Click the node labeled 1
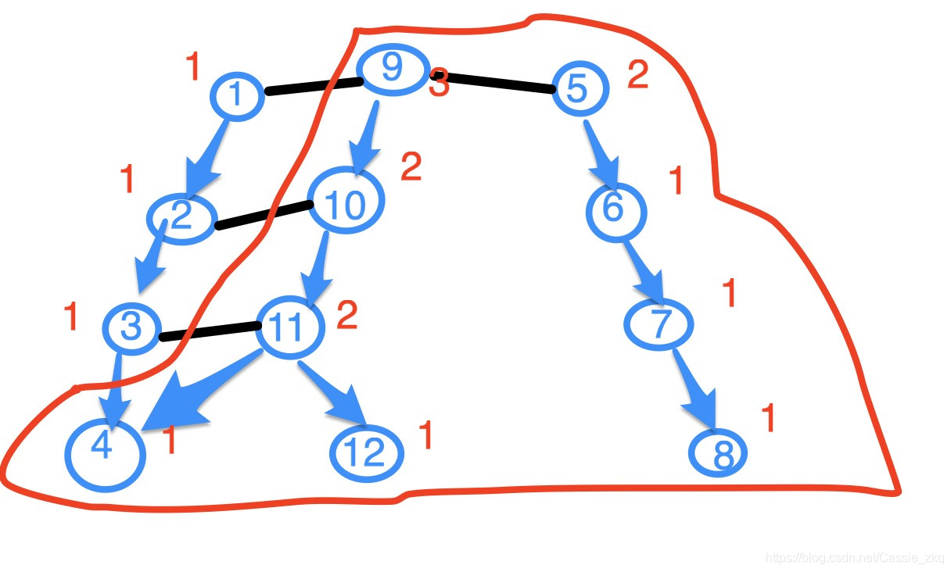click(x=235, y=95)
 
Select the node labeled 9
click(x=393, y=70)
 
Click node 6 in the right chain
click(x=615, y=210)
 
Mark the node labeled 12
click(x=366, y=453)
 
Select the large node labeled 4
click(x=105, y=452)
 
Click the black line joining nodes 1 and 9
click(x=313, y=86)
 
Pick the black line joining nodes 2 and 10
click(x=263, y=216)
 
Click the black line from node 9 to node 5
click(x=501, y=84)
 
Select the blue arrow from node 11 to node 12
click(x=334, y=394)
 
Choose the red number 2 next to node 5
click(x=637, y=75)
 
